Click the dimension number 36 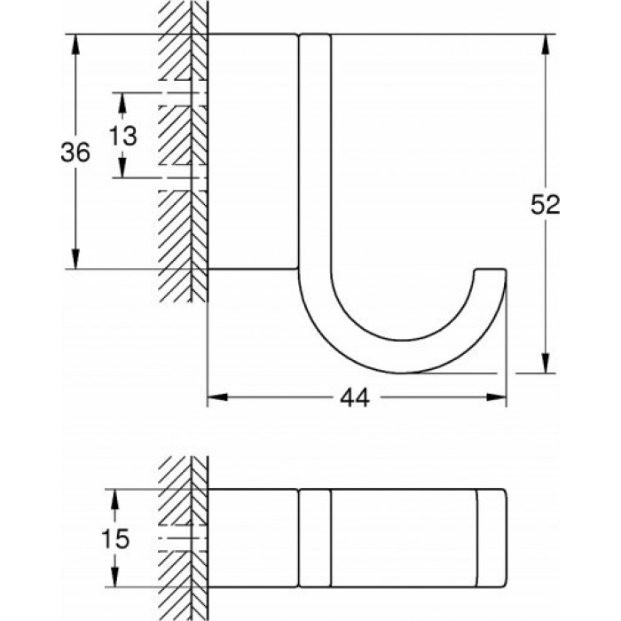point(75,153)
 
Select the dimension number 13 point(123,136)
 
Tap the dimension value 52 point(546,204)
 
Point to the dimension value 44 point(355,399)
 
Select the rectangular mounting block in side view point(252,151)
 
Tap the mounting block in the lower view point(252,538)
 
